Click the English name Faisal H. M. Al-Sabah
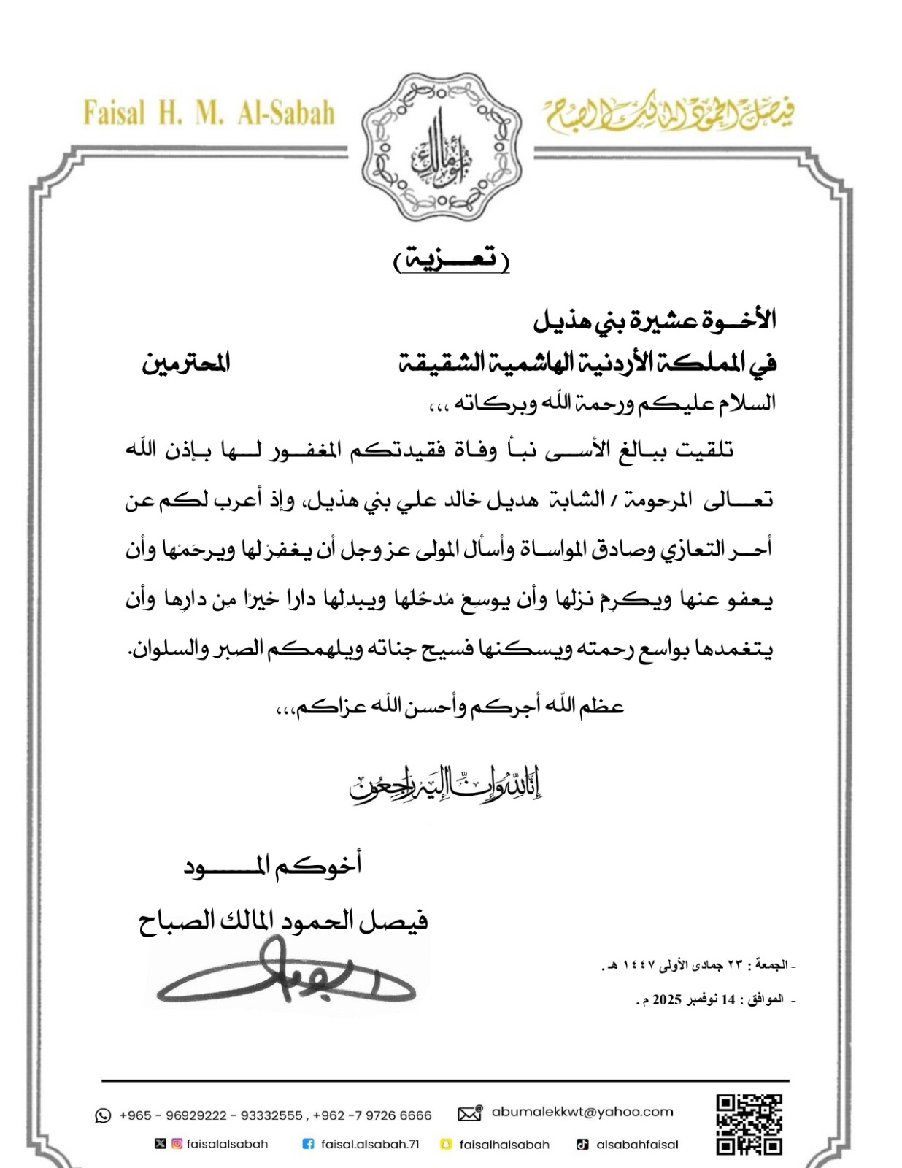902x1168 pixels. [x=209, y=114]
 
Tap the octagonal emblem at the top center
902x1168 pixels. [x=443, y=148]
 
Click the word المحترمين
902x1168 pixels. [x=186, y=363]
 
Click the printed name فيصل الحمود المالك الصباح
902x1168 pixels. [x=283, y=921]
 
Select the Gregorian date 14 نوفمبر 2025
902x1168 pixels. [x=715, y=999]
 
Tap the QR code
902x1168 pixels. [x=749, y=1123]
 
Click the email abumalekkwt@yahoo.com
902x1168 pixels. [x=582, y=1112]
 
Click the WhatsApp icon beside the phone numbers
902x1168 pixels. [x=103, y=1115]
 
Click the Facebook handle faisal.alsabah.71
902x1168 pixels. [x=370, y=1144]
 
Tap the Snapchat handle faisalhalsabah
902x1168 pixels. [x=504, y=1144]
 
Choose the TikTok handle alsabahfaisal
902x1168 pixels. [x=637, y=1144]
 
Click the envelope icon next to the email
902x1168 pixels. [x=470, y=1114]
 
